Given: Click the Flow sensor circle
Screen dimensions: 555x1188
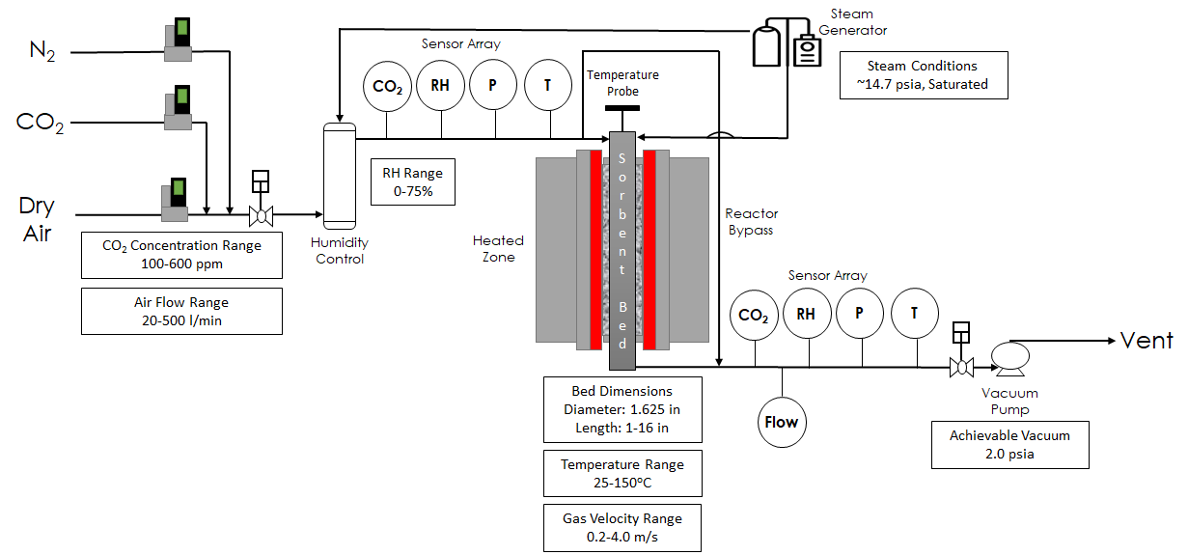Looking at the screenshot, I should click(782, 422).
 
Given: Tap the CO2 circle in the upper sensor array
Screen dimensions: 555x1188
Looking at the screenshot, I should click(388, 86).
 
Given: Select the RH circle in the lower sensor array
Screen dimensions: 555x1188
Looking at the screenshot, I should click(807, 313).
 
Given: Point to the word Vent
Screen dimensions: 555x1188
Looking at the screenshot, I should click(1146, 340).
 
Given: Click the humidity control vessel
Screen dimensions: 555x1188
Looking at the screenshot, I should click(340, 175).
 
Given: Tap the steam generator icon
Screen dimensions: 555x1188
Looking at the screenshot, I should click(786, 43).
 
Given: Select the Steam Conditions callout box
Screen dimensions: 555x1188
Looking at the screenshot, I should click(923, 75).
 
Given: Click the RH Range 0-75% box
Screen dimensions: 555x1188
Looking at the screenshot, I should click(412, 182).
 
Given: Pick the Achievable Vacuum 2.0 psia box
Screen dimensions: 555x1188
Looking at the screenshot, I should click(1009, 445).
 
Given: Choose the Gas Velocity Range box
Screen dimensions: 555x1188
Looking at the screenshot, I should click(622, 527).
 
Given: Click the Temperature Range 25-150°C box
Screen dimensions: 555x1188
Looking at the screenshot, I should click(622, 473).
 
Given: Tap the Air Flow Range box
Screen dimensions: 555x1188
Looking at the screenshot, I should click(181, 311).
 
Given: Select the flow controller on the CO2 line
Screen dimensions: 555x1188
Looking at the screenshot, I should click(179, 107).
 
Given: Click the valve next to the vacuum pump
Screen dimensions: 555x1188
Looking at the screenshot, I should click(960, 366).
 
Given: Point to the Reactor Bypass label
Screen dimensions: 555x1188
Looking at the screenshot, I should click(751, 222).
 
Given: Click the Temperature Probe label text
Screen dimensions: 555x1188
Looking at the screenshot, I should click(622, 83).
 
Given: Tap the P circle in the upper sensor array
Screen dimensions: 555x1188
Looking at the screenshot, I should click(493, 86).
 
